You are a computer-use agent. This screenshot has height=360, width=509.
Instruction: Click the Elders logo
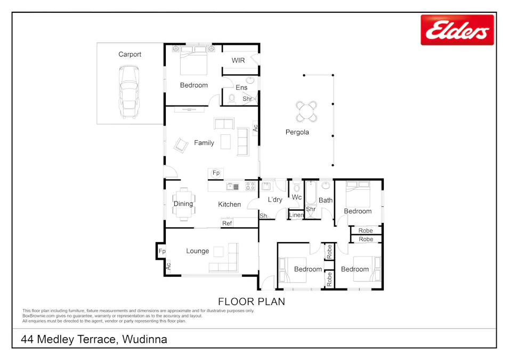coord(457,30)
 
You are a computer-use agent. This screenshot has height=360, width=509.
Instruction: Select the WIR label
coord(238,60)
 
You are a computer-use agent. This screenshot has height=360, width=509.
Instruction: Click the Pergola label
coord(297,132)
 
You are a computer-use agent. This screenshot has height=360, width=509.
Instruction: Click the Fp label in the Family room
coord(216,173)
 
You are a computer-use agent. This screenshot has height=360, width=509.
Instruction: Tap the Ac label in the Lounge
coord(168,265)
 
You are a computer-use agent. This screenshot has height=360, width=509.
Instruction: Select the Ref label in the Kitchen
coord(227,223)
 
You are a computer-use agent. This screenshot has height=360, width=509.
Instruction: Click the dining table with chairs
coord(184,204)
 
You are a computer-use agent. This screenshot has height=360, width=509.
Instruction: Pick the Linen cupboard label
coord(296,215)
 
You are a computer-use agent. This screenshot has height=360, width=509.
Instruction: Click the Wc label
coord(297,197)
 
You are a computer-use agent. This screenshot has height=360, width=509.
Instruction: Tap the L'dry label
coord(274,199)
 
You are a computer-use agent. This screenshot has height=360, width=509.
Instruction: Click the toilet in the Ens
coord(232,98)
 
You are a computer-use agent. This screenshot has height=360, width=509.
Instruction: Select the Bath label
coord(325,201)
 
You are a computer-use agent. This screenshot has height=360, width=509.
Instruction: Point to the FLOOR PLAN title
coord(252,302)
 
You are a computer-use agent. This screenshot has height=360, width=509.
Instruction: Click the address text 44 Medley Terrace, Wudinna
coord(94,339)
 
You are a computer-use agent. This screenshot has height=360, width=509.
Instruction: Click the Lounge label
coord(197,251)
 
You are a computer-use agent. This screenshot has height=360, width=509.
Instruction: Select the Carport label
coord(130,54)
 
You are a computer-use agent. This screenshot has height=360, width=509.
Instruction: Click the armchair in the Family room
coord(181,145)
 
